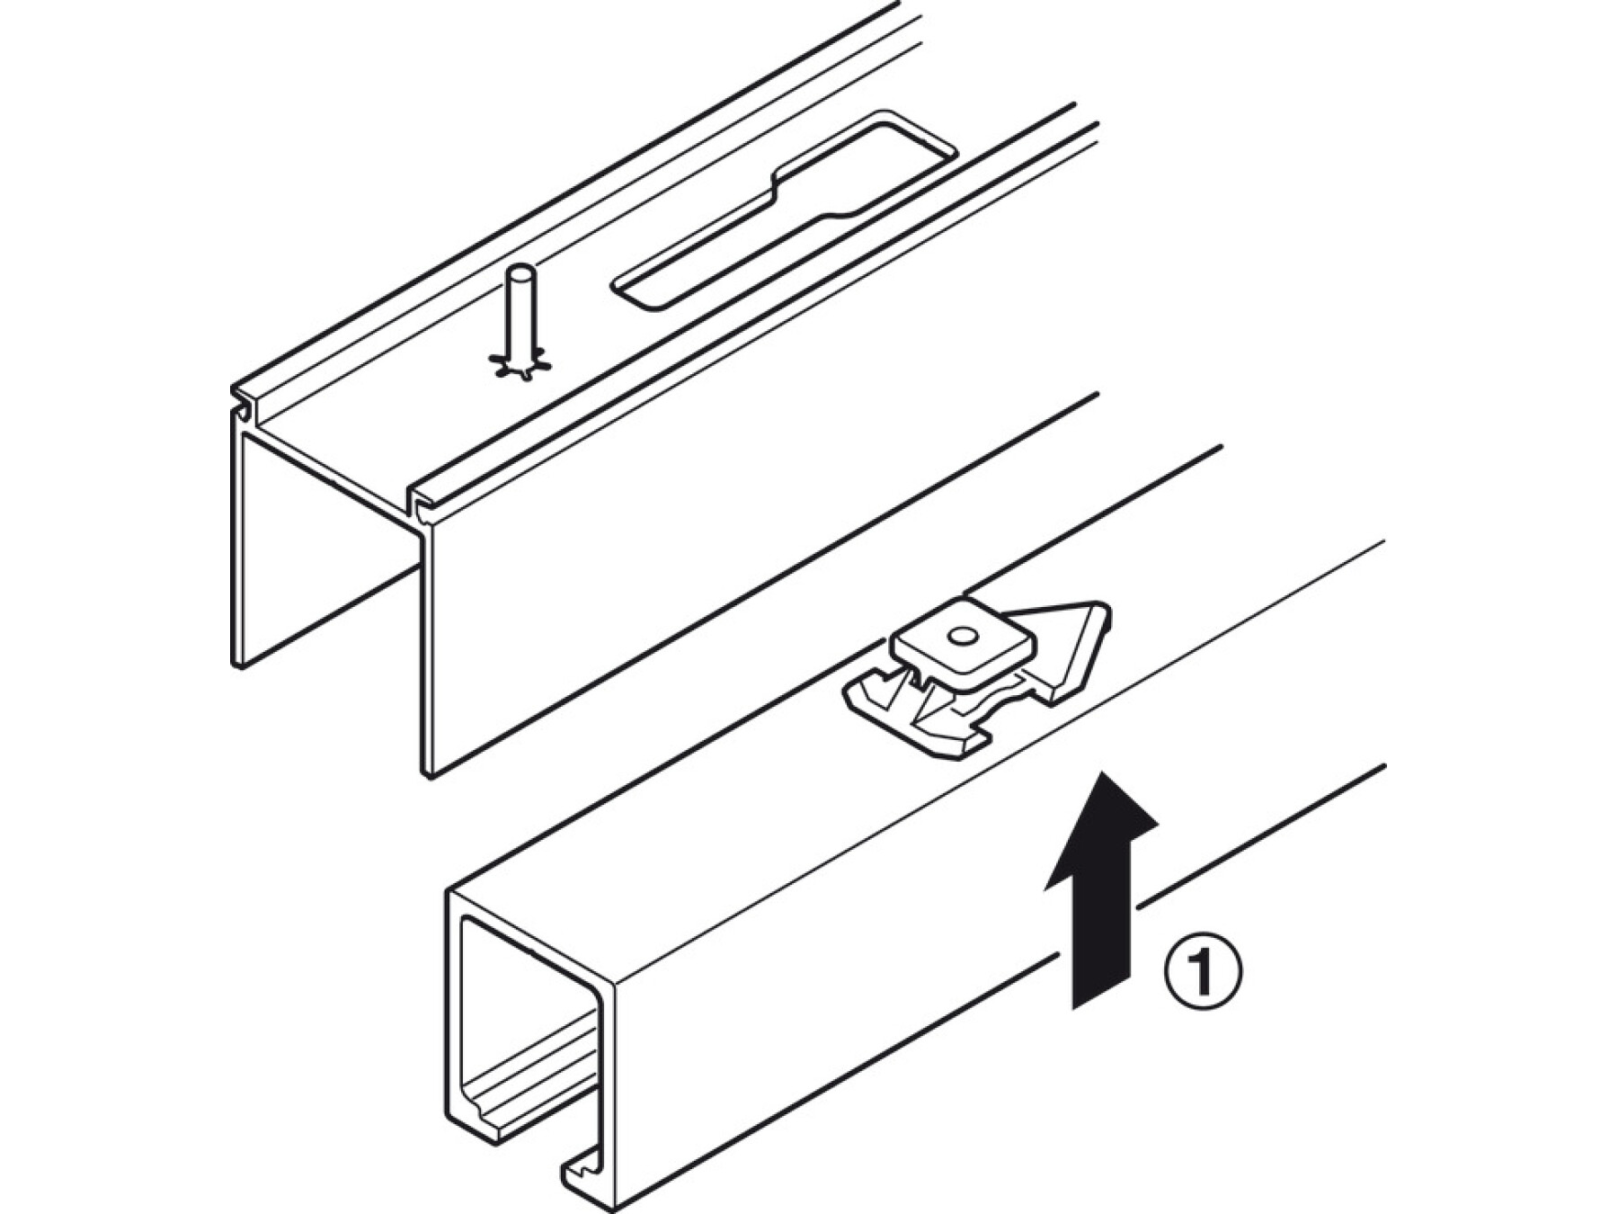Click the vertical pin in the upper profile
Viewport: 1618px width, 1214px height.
(519, 320)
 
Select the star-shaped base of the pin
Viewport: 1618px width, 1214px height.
(519, 362)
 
